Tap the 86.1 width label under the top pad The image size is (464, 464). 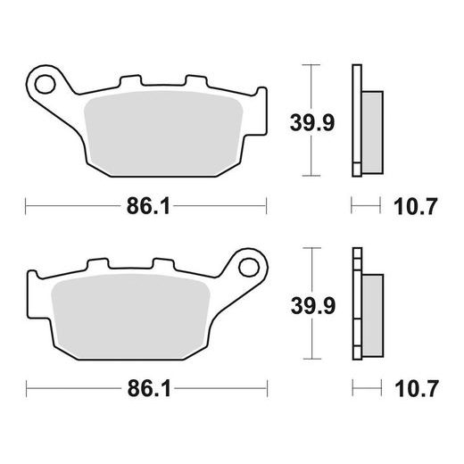[146, 208]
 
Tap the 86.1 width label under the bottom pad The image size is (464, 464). [146, 389]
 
